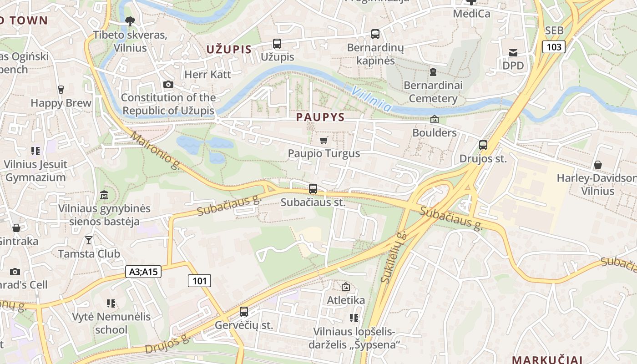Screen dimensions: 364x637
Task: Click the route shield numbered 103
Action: pyautogui.click(x=554, y=46)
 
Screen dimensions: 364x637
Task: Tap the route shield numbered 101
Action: pyautogui.click(x=199, y=281)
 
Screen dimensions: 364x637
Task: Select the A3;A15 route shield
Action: pyautogui.click(x=143, y=272)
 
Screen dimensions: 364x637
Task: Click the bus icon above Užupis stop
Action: pyautogui.click(x=277, y=44)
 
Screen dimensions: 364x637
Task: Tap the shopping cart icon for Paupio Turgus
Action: pyautogui.click(x=324, y=140)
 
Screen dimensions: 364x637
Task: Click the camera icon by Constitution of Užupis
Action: pyautogui.click(x=168, y=84)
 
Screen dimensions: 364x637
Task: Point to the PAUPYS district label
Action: pyautogui.click(x=320, y=117)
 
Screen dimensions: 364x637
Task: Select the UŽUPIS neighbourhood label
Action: pyautogui.click(x=229, y=49)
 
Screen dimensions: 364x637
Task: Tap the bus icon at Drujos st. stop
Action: pyautogui.click(x=483, y=145)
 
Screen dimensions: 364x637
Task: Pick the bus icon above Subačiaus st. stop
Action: pyautogui.click(x=313, y=188)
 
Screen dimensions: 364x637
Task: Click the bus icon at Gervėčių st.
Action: pyautogui.click(x=244, y=312)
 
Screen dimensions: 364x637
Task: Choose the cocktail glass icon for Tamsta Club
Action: pyautogui.click(x=89, y=240)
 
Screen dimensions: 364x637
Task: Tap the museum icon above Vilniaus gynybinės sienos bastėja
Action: pyautogui.click(x=104, y=195)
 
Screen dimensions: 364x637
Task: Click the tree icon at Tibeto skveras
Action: pyautogui.click(x=130, y=21)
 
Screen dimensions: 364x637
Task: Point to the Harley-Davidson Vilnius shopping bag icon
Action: pyautogui.click(x=598, y=165)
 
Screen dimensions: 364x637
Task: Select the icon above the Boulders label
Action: pyautogui.click(x=435, y=119)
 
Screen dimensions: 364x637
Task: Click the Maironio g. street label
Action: pyautogui.click(x=155, y=151)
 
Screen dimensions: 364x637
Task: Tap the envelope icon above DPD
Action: pyautogui.click(x=513, y=52)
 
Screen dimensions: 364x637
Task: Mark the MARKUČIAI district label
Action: pyautogui.click(x=547, y=359)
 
